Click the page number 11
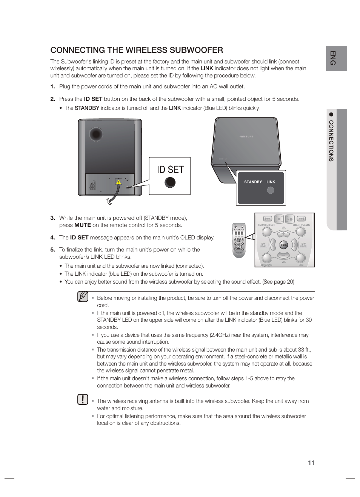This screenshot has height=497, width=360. click(311, 463)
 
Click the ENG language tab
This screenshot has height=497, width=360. click(333, 58)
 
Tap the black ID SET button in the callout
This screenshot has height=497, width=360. click(170, 182)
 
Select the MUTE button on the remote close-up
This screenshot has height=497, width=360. click(283, 245)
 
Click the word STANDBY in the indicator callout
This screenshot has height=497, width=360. click(253, 182)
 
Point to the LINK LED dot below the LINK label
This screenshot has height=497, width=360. click(271, 190)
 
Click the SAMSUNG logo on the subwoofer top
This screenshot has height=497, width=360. click(246, 136)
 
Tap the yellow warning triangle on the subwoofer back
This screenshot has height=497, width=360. click(118, 182)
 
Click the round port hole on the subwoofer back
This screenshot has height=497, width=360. click(96, 134)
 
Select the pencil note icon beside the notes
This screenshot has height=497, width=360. click(83, 297)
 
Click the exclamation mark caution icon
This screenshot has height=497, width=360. click(83, 400)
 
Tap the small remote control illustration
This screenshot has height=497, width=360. click(238, 240)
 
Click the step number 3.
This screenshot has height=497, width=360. click(52, 218)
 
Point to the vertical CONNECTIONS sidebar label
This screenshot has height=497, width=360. click(331, 141)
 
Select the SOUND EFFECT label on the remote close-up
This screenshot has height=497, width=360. click(266, 225)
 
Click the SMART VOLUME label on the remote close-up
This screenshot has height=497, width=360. click(301, 225)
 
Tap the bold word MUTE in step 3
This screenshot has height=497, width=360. click(82, 225)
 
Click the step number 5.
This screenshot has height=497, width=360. click(52, 250)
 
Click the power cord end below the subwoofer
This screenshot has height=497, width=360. click(109, 201)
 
